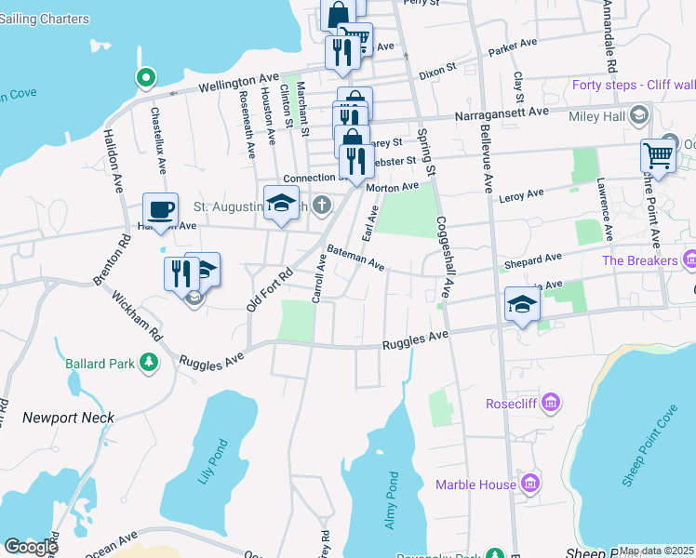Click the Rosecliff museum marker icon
click(550, 404)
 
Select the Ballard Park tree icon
click(148, 362)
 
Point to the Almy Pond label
click(392, 500)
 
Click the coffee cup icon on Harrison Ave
click(160, 209)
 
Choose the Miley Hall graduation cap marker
click(638, 115)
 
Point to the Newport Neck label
click(68, 418)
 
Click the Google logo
click(30, 546)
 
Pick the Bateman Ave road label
click(355, 258)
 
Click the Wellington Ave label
click(236, 84)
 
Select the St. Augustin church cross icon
click(322, 205)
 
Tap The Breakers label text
click(639, 260)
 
